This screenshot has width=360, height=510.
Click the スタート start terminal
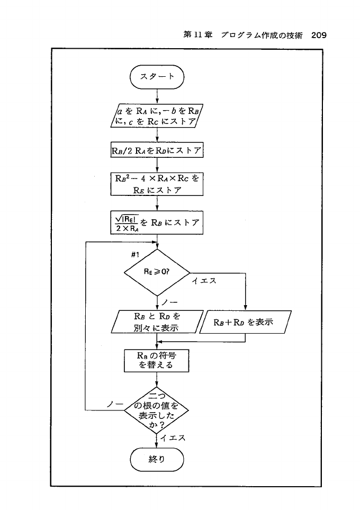pyautogui.click(x=157, y=77)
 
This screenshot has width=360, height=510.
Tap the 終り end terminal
pyautogui.click(x=157, y=459)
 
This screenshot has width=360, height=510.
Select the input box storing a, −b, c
pyautogui.click(x=157, y=117)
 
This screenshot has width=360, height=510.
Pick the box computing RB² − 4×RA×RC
pyautogui.click(x=157, y=184)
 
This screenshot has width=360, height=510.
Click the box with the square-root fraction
pyautogui.click(x=157, y=222)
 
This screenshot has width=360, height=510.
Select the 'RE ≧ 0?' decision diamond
pyautogui.click(x=157, y=273)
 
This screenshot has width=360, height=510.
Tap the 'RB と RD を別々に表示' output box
pyautogui.click(x=157, y=322)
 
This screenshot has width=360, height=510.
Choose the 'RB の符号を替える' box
pyautogui.click(x=157, y=360)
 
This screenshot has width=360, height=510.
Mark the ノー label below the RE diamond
pyautogui.click(x=169, y=302)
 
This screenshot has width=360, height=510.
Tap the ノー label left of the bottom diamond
pyautogui.click(x=114, y=404)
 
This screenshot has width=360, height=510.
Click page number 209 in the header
pyautogui.click(x=318, y=35)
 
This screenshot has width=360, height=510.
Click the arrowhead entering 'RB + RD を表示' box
pyautogui.click(x=246, y=308)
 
